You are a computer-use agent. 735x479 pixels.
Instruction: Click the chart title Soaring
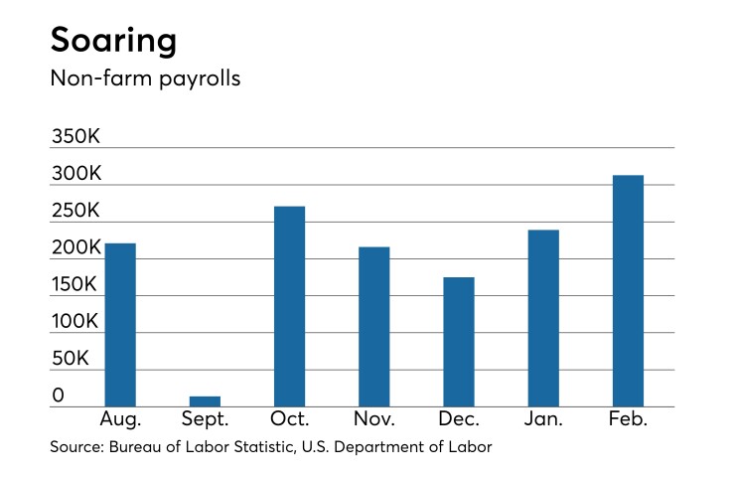[114, 41]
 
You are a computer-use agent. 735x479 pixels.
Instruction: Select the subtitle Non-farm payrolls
[145, 79]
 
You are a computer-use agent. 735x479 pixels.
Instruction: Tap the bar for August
[120, 324]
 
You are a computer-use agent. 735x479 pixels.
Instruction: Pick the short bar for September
[205, 400]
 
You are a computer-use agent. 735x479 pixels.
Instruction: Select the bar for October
[289, 306]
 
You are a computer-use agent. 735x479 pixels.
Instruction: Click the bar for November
[373, 326]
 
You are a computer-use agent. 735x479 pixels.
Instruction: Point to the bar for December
[458, 341]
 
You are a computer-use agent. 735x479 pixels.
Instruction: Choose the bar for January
[543, 317]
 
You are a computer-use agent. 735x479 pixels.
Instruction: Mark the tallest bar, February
[628, 290]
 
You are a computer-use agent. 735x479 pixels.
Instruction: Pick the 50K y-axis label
[72, 359]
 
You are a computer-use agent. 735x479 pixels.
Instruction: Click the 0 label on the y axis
[59, 396]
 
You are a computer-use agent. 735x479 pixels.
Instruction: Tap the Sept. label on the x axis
[205, 419]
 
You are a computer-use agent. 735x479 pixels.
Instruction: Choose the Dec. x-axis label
[458, 419]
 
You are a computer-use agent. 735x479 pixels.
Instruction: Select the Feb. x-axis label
[628, 419]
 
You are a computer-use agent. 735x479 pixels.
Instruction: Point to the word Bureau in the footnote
[135, 448]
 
